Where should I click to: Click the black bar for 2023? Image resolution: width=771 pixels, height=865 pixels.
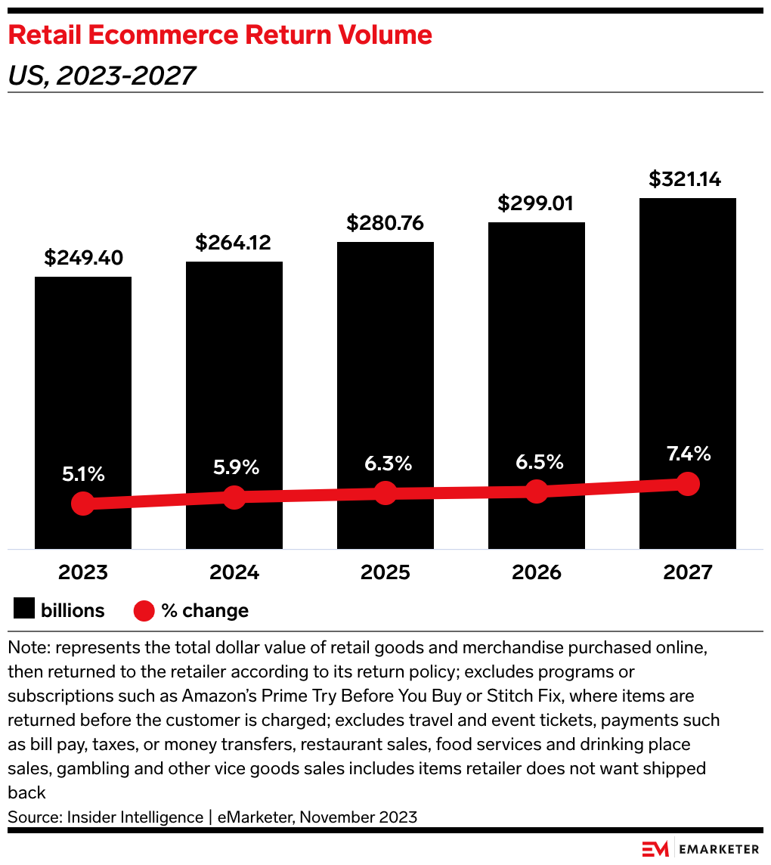click(x=83, y=378)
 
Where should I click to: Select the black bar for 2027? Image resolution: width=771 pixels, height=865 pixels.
click(x=688, y=340)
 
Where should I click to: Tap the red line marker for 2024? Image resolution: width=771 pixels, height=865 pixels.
click(x=234, y=497)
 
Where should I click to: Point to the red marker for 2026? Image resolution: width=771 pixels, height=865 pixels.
click(x=537, y=491)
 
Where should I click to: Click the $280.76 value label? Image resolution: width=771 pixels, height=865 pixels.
click(x=385, y=223)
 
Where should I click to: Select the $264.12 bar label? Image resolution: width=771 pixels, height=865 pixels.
click(x=234, y=243)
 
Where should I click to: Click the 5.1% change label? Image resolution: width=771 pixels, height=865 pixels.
click(x=83, y=475)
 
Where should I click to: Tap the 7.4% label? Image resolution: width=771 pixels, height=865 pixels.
click(x=688, y=454)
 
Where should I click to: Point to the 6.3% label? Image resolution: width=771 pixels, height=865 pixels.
click(x=385, y=464)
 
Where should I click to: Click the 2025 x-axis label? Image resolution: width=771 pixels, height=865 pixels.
click(x=385, y=572)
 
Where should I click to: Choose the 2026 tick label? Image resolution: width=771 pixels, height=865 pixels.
click(x=537, y=572)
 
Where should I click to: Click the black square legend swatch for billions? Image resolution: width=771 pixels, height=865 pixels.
click(x=24, y=610)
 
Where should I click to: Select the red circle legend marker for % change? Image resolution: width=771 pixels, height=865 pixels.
click(x=144, y=610)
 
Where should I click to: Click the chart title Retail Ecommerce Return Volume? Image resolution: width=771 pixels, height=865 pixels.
click(x=220, y=35)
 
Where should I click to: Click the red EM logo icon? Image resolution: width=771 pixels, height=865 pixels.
click(x=655, y=849)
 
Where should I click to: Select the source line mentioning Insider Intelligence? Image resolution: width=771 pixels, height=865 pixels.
click(x=212, y=817)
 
